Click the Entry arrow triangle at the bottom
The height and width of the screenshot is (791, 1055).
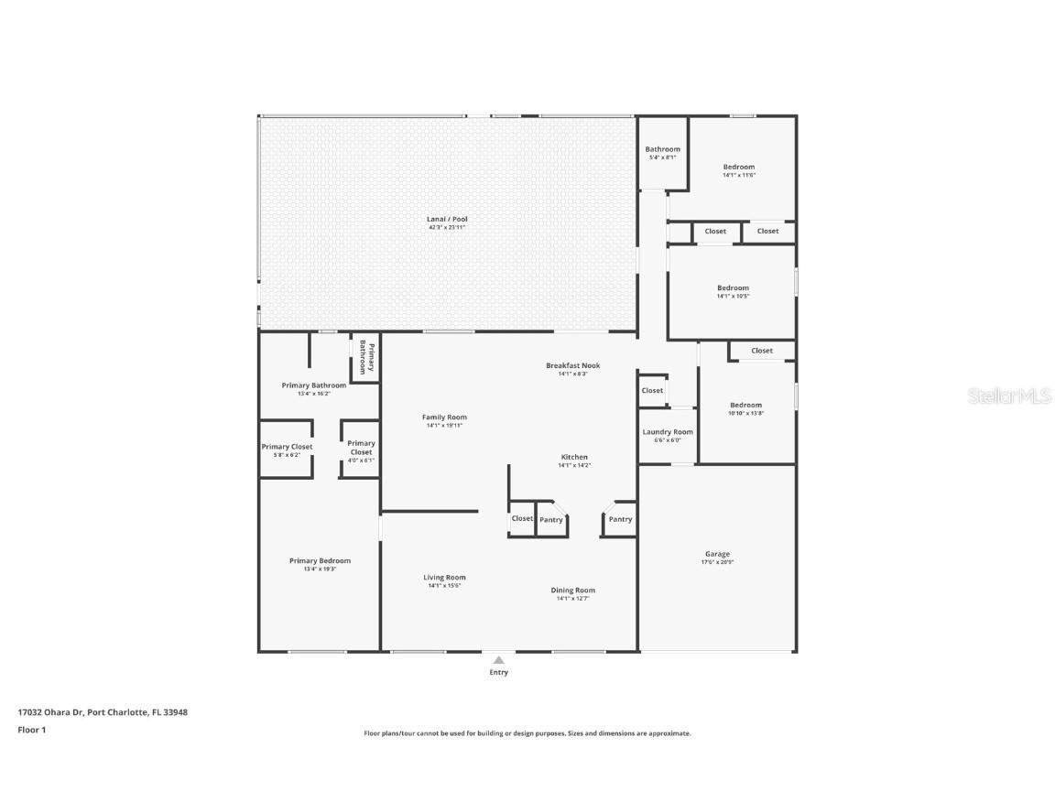click(498, 659)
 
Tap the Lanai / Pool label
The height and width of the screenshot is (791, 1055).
click(447, 220)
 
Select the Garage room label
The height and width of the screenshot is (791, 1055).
click(717, 554)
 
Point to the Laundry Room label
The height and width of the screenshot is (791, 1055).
click(668, 432)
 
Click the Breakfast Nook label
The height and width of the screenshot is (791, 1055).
click(572, 365)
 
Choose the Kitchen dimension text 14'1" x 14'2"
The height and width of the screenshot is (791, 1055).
click(574, 465)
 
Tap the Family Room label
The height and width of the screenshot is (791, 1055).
click(444, 417)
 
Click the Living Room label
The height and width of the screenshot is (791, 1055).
click(444, 578)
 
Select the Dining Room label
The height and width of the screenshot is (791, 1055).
click(572, 591)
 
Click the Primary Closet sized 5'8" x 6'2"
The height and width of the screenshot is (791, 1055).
click(287, 447)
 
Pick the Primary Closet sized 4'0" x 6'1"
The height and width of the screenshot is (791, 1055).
click(361, 448)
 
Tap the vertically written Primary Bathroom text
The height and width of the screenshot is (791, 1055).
click(366, 358)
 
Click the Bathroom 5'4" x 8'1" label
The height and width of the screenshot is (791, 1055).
click(662, 149)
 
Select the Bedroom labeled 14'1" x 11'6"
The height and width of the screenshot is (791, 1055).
click(739, 167)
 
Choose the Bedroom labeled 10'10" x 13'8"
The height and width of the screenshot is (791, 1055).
click(745, 406)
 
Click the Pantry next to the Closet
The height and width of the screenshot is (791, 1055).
click(550, 519)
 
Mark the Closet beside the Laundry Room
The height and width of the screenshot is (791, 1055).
click(652, 391)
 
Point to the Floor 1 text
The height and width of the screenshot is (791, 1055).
click(31, 730)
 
